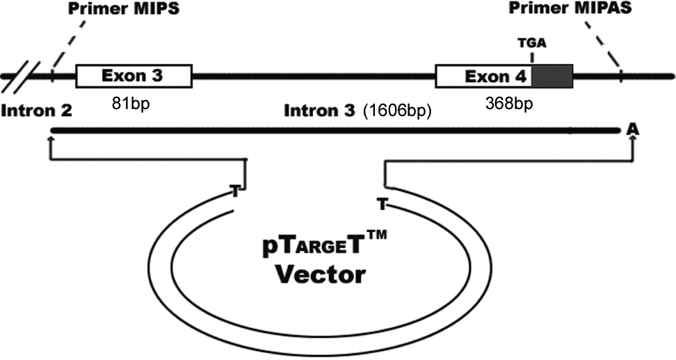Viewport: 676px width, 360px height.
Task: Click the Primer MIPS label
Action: tap(111, 10)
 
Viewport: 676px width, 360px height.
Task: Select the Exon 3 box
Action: tap(133, 76)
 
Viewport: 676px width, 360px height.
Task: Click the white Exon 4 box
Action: tap(484, 76)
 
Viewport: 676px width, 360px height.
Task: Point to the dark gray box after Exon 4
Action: tap(553, 76)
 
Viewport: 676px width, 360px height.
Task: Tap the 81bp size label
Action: tap(131, 104)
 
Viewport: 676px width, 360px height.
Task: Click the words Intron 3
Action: tap(321, 111)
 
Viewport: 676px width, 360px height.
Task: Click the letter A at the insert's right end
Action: tap(632, 129)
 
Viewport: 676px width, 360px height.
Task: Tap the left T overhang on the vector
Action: tap(236, 190)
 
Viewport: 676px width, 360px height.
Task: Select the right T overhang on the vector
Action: tap(381, 204)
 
